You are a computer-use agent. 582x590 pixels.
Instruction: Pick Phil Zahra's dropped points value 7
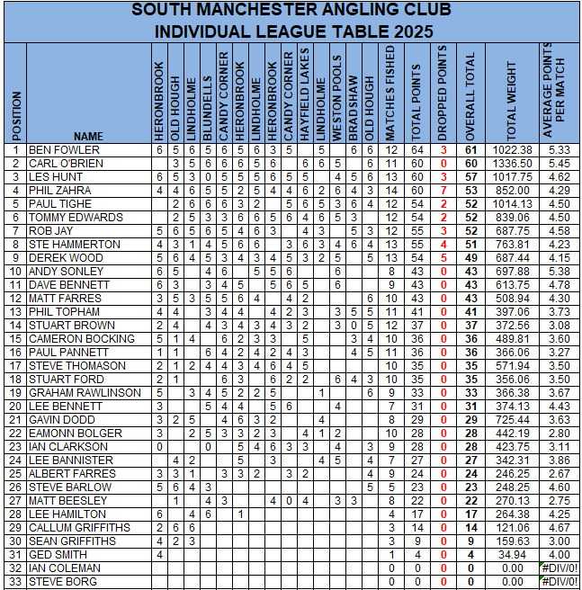coord(443,191)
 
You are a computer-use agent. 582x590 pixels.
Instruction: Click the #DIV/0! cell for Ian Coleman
coord(559,568)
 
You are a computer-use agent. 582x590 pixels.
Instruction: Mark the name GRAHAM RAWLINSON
coord(85,393)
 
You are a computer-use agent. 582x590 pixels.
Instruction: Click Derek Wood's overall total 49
coord(470,258)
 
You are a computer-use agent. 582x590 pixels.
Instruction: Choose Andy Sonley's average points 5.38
coord(559,272)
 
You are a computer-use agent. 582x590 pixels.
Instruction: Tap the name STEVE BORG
coord(59,582)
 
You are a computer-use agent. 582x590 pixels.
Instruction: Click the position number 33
coord(15,582)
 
